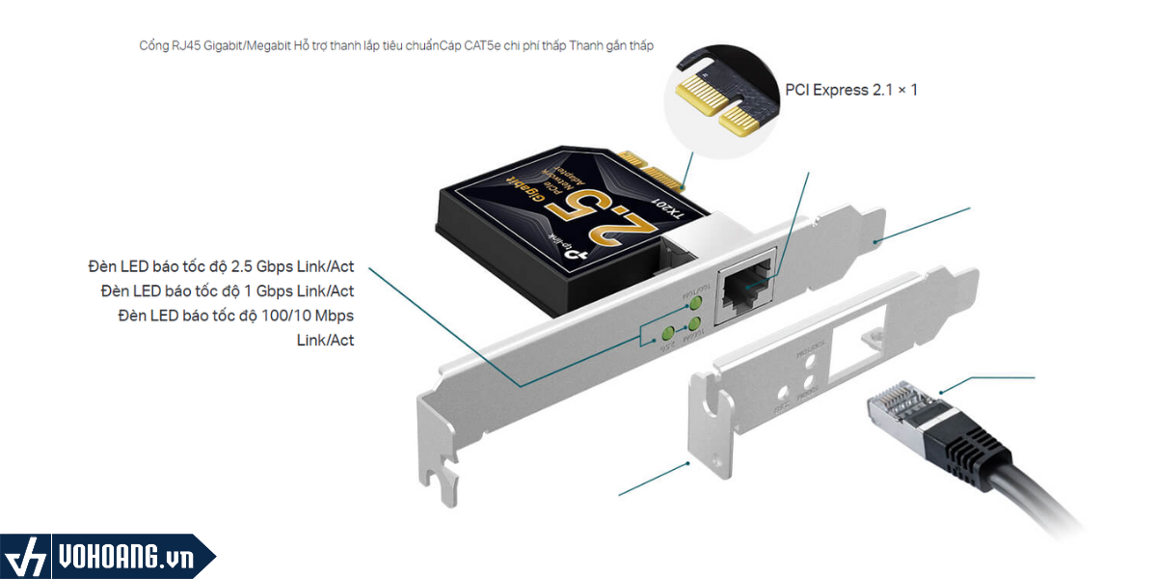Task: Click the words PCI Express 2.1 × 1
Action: (851, 90)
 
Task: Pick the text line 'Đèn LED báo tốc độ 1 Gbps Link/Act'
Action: (227, 290)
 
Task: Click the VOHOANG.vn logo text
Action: (125, 559)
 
